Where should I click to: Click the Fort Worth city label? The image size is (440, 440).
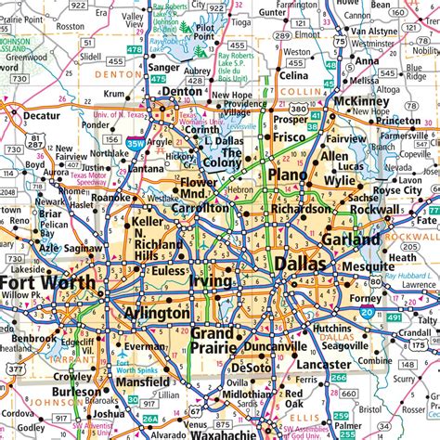click(48, 282)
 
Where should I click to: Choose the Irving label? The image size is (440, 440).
click(211, 280)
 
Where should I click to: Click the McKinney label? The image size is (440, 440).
click(362, 102)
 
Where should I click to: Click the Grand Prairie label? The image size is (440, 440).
click(213, 341)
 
